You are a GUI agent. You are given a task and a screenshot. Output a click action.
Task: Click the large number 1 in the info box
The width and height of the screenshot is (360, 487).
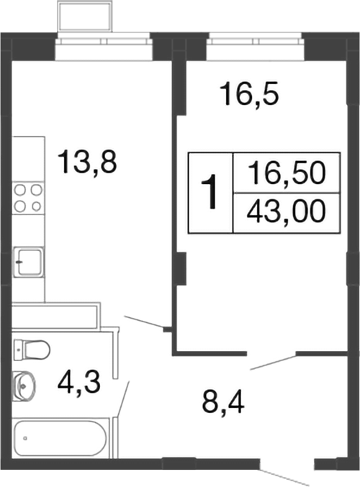click(x=212, y=192)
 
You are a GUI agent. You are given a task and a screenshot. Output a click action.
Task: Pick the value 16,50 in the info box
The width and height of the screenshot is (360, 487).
click(x=286, y=173)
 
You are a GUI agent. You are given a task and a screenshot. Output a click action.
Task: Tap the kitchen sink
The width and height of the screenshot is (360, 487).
click(x=29, y=260)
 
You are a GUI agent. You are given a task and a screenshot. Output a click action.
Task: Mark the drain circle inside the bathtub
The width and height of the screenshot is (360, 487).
click(x=25, y=437)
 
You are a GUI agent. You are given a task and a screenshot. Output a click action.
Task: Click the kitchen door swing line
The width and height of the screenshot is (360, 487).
click(x=145, y=322)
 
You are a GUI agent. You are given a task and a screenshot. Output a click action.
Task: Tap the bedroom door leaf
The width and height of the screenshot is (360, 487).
click(x=273, y=362)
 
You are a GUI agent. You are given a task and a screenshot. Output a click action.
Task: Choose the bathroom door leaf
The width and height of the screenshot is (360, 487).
click(x=125, y=398)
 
